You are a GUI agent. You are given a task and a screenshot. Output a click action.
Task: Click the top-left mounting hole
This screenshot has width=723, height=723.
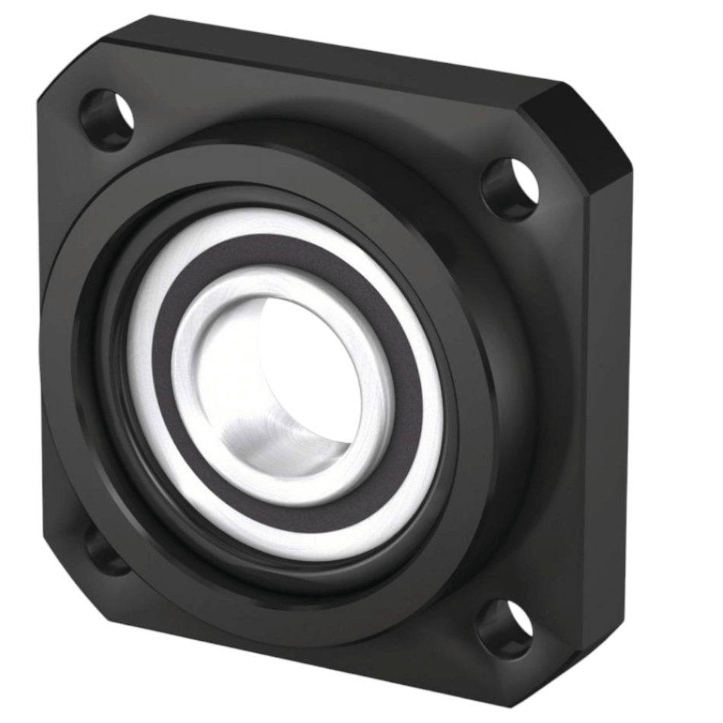point(107,119)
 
